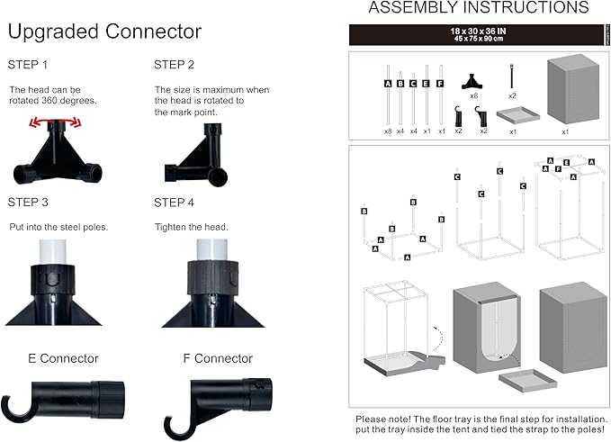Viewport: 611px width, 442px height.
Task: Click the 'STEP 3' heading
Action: (x=29, y=202)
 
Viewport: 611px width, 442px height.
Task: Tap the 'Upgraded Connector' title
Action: (x=104, y=32)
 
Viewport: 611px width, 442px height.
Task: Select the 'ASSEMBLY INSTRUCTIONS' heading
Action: (x=479, y=8)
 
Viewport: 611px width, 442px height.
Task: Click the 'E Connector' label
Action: (x=63, y=358)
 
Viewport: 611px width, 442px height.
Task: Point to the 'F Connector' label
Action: (x=218, y=358)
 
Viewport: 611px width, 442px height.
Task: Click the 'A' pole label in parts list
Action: (x=388, y=84)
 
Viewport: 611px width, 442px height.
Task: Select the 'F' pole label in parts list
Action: (x=440, y=84)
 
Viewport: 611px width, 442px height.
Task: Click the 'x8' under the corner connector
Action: (x=473, y=95)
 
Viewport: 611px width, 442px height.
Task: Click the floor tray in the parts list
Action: (x=512, y=115)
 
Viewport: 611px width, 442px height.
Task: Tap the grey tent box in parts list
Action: (x=565, y=95)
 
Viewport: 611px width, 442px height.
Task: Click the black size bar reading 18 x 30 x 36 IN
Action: (x=479, y=35)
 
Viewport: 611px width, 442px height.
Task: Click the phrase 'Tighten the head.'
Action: (x=191, y=227)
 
